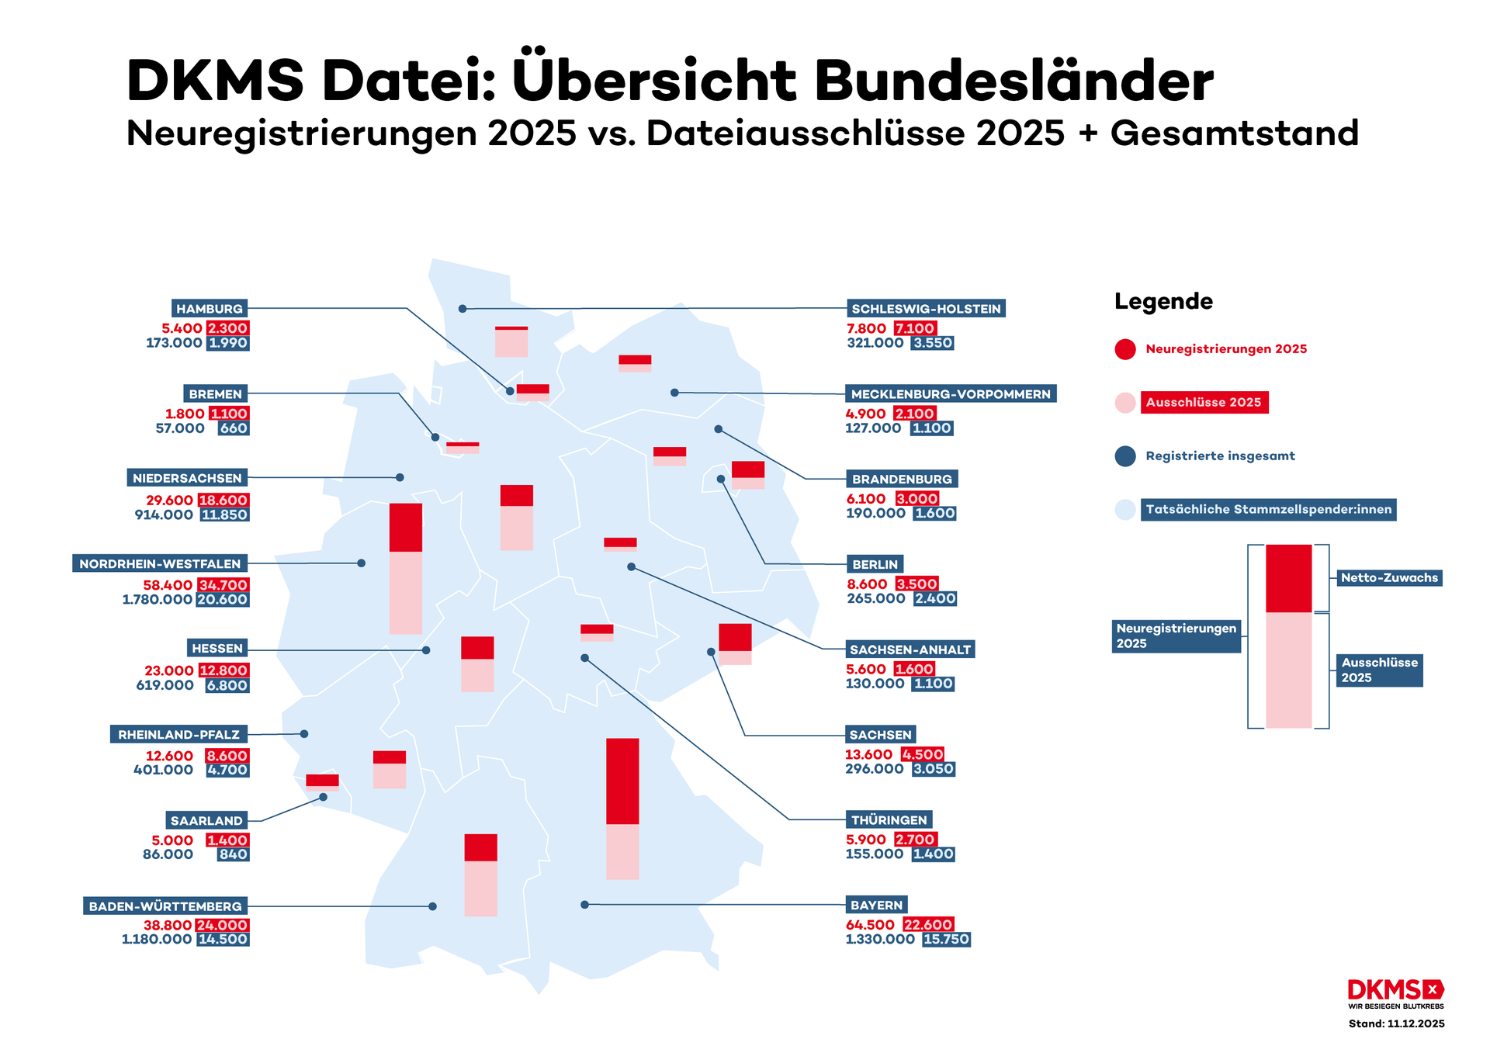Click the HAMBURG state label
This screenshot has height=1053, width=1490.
(210, 309)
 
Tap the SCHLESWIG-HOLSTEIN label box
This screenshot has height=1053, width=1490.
(926, 309)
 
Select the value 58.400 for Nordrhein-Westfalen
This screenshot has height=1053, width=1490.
(168, 585)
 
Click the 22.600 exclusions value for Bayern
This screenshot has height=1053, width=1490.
(928, 925)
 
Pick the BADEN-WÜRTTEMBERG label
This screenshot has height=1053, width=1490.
(165, 906)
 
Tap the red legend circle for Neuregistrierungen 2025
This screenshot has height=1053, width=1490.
(1125, 349)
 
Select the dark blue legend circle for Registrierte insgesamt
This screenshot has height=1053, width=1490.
(1125, 456)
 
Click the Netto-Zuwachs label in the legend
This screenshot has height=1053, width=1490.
(1389, 577)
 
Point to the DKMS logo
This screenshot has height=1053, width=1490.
(1395, 991)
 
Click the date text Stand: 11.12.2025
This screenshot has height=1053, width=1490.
(1396, 1024)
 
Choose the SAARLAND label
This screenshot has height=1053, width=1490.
(206, 821)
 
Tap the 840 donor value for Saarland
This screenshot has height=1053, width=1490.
(233, 854)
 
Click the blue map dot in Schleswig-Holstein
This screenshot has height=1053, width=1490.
(463, 309)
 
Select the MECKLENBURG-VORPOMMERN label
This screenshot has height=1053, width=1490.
(950, 394)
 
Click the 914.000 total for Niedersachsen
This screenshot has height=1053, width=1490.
(164, 514)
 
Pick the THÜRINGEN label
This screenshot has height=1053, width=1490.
(889, 820)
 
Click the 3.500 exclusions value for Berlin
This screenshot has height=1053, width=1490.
(917, 584)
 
